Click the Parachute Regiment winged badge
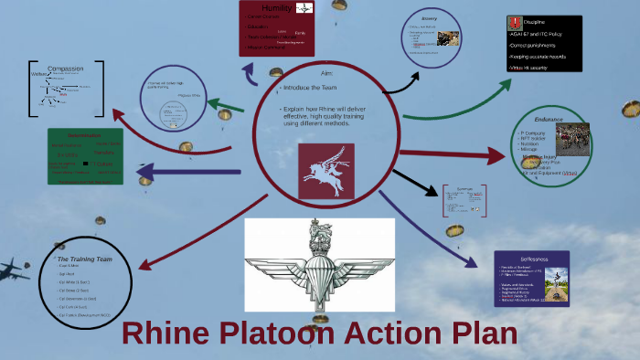319,265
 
